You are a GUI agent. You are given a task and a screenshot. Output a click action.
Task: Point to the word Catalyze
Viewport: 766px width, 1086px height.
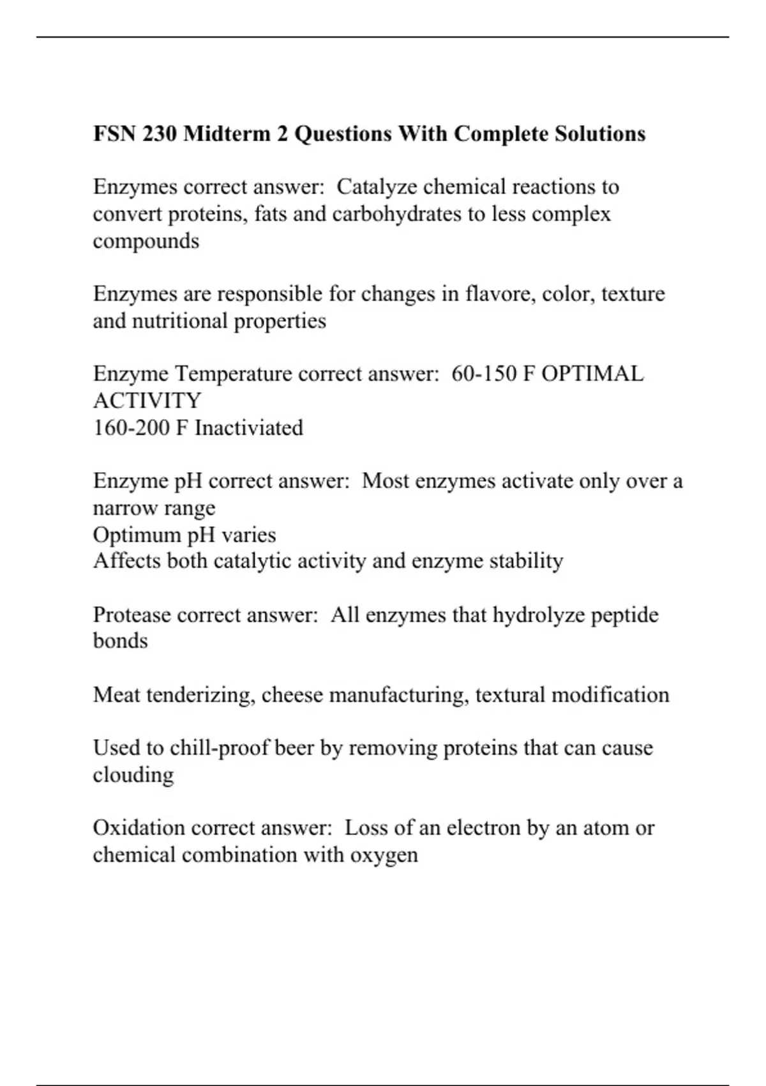pos(377,187)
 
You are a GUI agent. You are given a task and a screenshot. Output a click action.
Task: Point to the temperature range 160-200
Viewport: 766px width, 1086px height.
pos(131,427)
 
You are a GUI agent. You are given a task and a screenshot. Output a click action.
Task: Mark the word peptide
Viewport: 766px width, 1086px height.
pos(624,615)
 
